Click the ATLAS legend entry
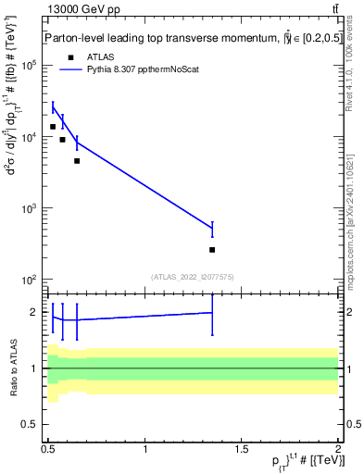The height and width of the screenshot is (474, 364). point(86,56)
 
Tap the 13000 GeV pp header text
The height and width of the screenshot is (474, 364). point(84,9)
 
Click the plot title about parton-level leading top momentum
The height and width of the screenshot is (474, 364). point(176,38)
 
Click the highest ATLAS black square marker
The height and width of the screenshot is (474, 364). point(53,127)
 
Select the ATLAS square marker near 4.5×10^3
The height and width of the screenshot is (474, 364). point(77,161)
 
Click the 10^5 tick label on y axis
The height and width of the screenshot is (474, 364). point(29,66)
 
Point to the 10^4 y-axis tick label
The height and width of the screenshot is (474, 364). point(29,137)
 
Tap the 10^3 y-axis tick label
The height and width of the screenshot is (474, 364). point(29,208)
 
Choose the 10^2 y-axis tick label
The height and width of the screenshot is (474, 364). point(29,280)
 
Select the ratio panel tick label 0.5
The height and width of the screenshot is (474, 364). point(29,424)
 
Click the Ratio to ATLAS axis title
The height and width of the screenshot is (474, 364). point(11,368)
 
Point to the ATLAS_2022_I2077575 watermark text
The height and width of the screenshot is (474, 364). point(193,277)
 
